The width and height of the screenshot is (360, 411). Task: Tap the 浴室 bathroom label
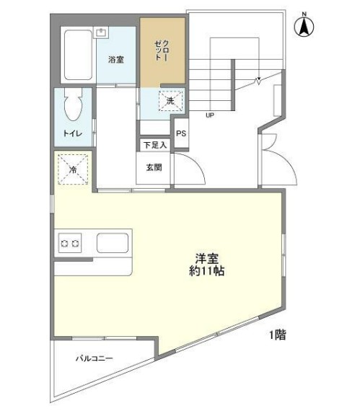click(x=115, y=60)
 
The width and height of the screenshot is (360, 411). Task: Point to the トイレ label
click(x=71, y=133)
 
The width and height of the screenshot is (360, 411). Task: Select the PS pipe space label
click(x=180, y=133)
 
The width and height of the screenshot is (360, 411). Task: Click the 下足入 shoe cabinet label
click(x=154, y=145)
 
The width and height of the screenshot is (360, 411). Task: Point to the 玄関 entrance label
click(x=154, y=168)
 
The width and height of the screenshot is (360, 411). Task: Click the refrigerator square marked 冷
click(x=73, y=170)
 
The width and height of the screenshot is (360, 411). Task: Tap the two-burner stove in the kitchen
click(x=70, y=243)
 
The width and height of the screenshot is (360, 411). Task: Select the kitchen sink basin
click(x=112, y=243)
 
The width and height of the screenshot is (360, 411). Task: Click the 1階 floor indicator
click(x=277, y=335)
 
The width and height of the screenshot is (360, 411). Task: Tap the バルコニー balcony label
click(x=95, y=358)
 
